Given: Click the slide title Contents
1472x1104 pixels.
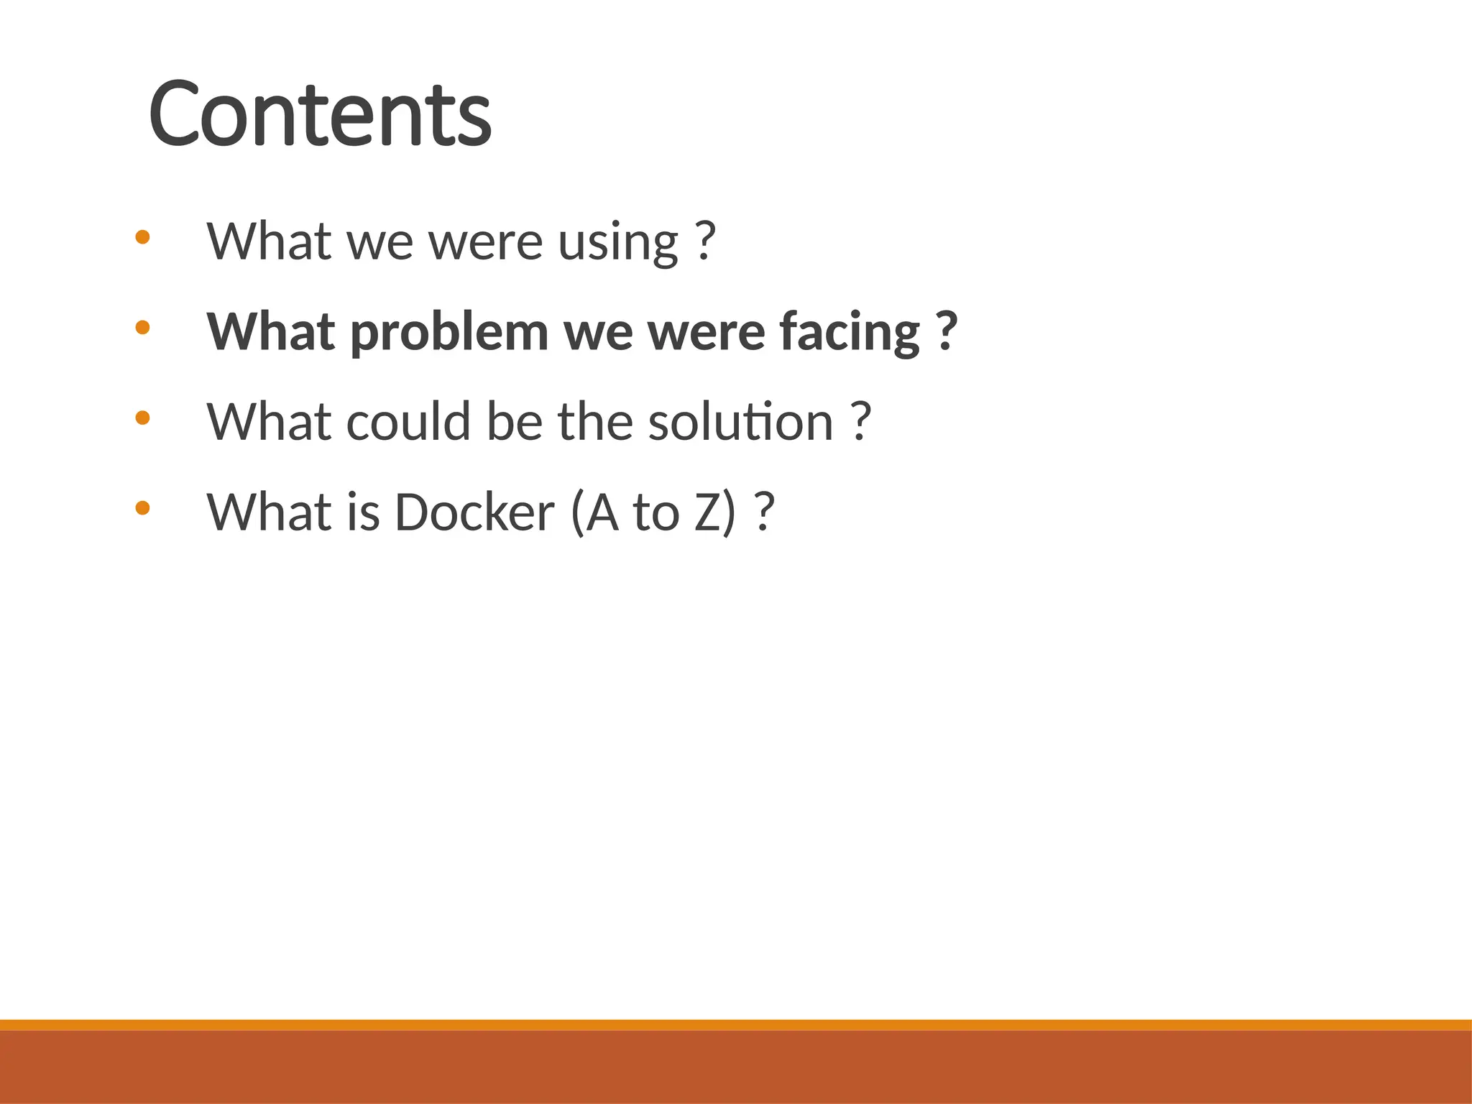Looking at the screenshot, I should coord(320,114).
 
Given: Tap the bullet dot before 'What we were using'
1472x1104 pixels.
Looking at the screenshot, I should coord(142,237).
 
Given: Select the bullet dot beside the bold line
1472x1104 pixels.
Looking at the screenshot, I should coord(142,328).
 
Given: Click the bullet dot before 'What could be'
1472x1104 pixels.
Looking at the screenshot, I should coord(142,418).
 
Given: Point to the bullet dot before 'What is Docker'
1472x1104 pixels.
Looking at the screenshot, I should coord(142,508).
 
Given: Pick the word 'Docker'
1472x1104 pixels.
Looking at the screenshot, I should coord(474,512).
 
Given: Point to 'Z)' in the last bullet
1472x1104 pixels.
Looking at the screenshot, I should coord(715,512).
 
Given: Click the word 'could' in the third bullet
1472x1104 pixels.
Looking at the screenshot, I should coord(408,422).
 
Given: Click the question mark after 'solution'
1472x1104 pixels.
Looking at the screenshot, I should coord(861,422).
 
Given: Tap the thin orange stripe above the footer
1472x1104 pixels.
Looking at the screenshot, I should coord(736,1025).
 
